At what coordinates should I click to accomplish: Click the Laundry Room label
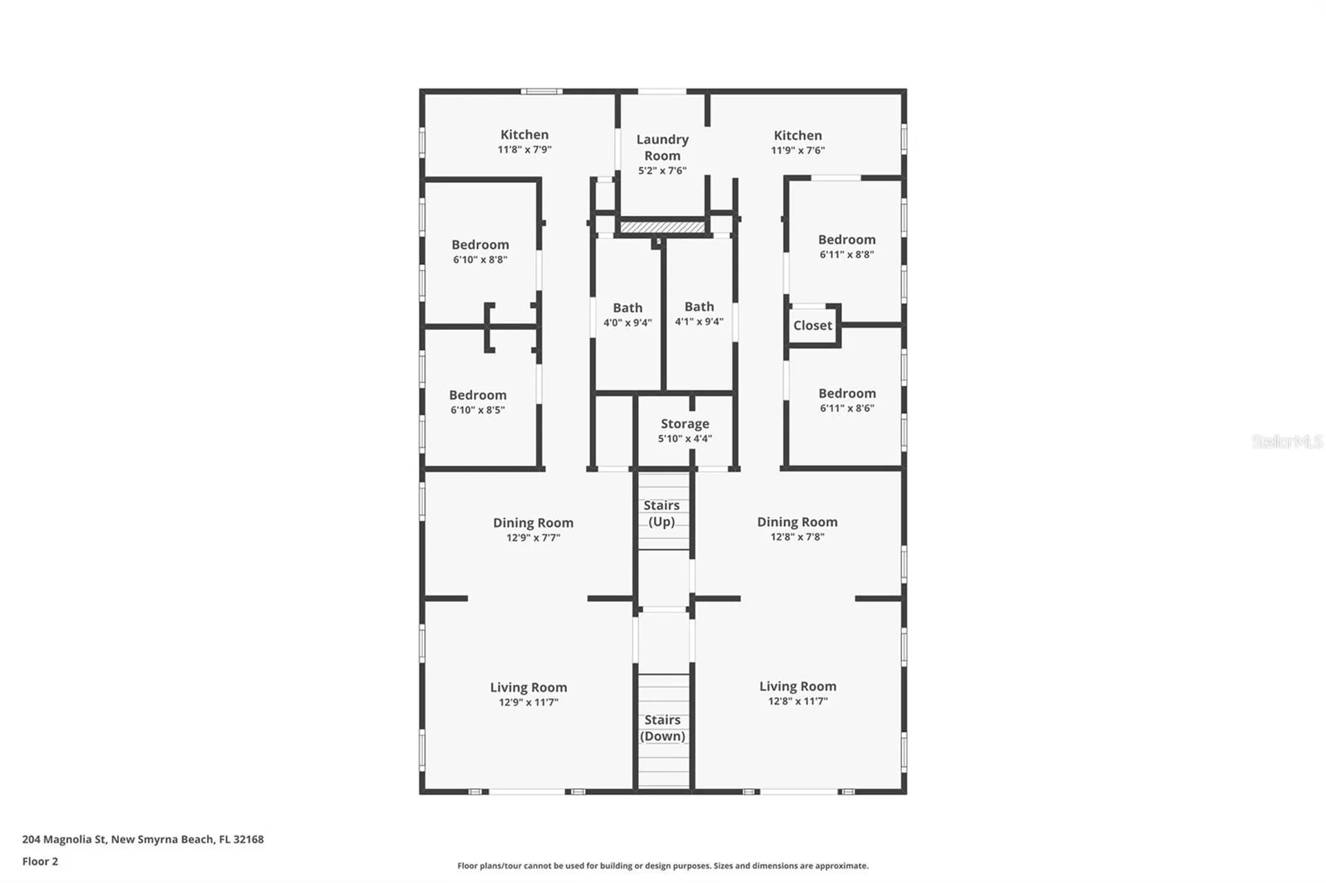pyautogui.click(x=662, y=147)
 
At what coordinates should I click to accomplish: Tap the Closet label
pyautogui.click(x=812, y=325)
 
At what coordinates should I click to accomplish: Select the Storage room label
pyautogui.click(x=684, y=423)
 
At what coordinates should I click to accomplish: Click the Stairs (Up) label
pyautogui.click(x=662, y=513)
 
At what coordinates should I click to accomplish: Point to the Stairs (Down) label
pyautogui.click(x=662, y=728)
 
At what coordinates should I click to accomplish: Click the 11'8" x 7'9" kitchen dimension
pyautogui.click(x=524, y=150)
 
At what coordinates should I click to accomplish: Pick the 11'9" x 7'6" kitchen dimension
pyautogui.click(x=798, y=151)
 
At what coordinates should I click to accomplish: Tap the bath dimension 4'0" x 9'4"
pyautogui.click(x=627, y=323)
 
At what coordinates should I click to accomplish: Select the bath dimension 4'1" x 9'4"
pyautogui.click(x=699, y=322)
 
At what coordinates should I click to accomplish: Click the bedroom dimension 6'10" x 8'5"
pyautogui.click(x=477, y=410)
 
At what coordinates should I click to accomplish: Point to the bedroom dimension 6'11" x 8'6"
pyautogui.click(x=847, y=408)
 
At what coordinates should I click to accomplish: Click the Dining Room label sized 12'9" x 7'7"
pyautogui.click(x=532, y=523)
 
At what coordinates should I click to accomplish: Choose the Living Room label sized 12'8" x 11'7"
pyautogui.click(x=798, y=686)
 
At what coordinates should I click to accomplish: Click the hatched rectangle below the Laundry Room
pyautogui.click(x=662, y=227)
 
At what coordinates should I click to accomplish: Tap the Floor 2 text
pyautogui.click(x=40, y=861)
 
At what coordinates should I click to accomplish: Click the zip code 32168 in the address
pyautogui.click(x=248, y=840)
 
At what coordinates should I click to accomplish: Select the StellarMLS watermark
pyautogui.click(x=1287, y=441)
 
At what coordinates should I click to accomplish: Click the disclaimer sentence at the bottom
pyautogui.click(x=662, y=866)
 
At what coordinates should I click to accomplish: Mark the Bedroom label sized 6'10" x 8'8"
pyautogui.click(x=480, y=244)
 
